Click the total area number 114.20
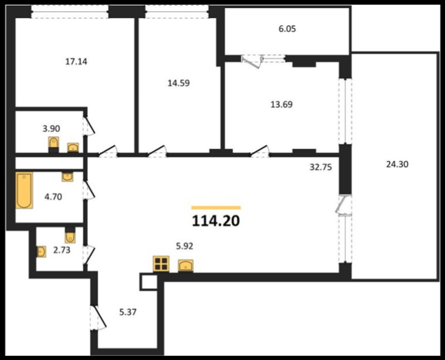click(x=216, y=221)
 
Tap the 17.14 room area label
click(x=76, y=61)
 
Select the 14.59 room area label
click(x=179, y=83)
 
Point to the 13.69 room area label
click(x=281, y=104)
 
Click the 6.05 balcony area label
click(x=287, y=29)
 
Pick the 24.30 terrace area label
click(x=397, y=164)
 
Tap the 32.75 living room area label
click(x=321, y=167)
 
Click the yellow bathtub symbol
click(x=24, y=190)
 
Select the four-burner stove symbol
click(x=161, y=264)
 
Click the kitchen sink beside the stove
click(x=186, y=266)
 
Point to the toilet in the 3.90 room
click(x=54, y=143)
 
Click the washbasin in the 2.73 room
click(x=41, y=252)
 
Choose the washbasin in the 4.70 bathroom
click(x=67, y=177)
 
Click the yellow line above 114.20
click(x=216, y=208)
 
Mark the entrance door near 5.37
click(x=98, y=317)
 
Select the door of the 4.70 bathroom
click(x=89, y=190)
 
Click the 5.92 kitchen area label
click(x=185, y=246)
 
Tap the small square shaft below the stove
click(x=149, y=282)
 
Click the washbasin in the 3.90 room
click(x=73, y=147)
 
